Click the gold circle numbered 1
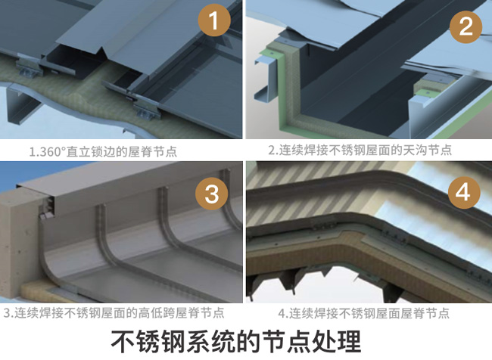214,23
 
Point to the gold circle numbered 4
463,194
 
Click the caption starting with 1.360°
103,151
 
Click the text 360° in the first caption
52,151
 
